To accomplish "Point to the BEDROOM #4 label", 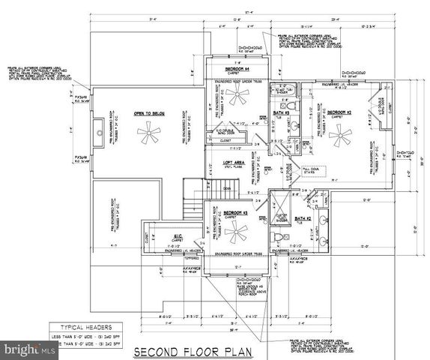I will pos(237,70).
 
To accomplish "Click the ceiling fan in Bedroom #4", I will pos(238,94).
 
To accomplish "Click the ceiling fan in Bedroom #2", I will pos(341,136).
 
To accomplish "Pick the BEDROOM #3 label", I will pos(237,213).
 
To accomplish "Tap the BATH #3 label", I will pos(281,112).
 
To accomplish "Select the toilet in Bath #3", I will pos(293,124).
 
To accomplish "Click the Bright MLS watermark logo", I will pos(22,349).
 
